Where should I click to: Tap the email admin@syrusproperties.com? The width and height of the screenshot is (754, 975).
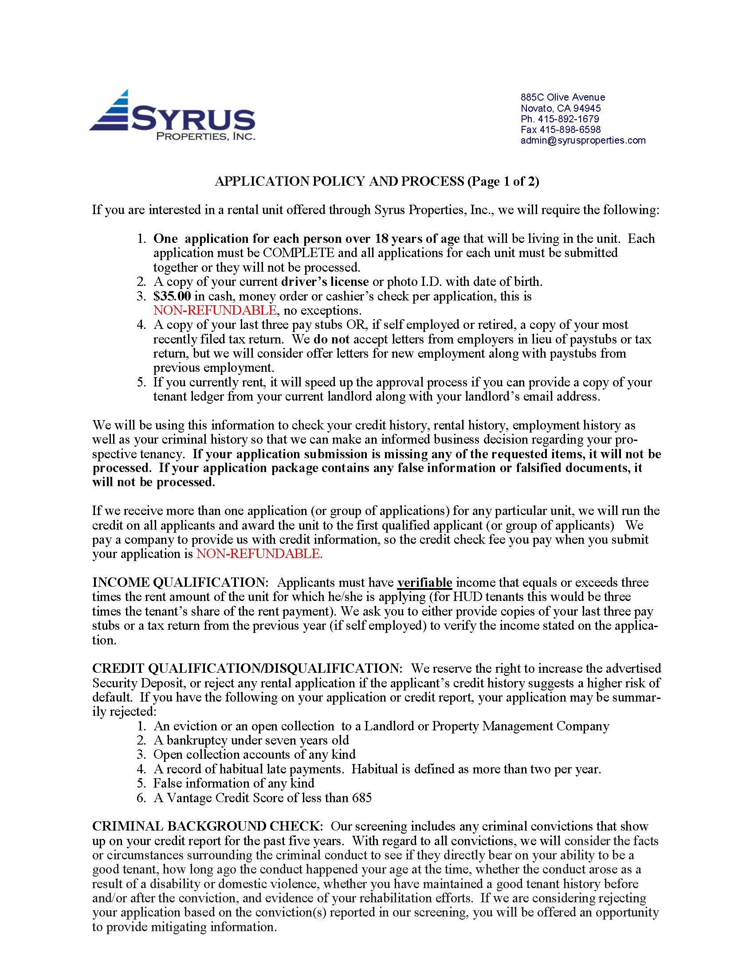(x=582, y=140)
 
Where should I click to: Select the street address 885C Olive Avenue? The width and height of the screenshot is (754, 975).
(x=562, y=97)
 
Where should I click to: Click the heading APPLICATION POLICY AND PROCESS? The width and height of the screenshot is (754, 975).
(x=339, y=181)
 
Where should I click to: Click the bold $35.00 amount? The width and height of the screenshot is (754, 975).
(x=172, y=296)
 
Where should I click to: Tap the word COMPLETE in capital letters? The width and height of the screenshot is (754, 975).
(x=298, y=253)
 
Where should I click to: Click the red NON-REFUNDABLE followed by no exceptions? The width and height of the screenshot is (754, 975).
(x=215, y=310)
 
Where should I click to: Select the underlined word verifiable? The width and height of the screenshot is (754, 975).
(x=424, y=583)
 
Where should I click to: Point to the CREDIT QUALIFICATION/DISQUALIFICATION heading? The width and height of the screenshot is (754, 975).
(x=247, y=668)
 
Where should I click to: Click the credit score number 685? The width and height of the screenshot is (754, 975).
(x=361, y=797)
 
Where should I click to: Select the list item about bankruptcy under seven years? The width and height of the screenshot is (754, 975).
(x=251, y=740)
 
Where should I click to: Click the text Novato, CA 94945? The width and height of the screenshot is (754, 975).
(x=560, y=108)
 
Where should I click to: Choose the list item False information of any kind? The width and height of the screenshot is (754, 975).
(x=234, y=783)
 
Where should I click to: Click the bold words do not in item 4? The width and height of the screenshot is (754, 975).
(x=331, y=339)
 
